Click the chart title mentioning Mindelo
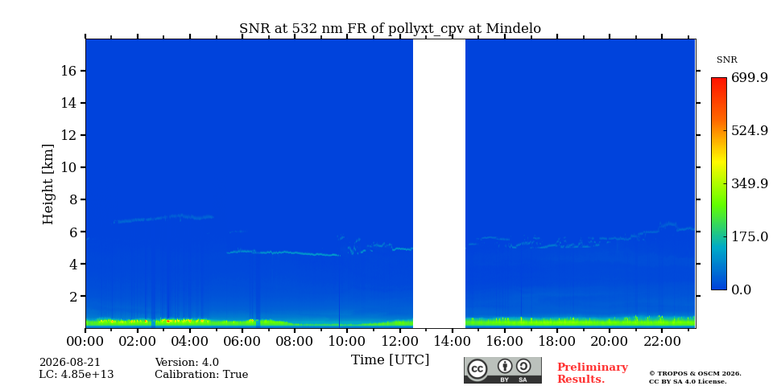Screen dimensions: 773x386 [x=390, y=29]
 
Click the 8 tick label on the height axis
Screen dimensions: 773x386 [x=72, y=199]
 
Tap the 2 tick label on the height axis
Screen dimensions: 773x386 [x=72, y=296]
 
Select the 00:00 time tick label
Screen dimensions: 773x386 [x=85, y=341]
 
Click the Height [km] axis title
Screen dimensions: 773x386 [x=48, y=184]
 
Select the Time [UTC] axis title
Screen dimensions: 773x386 [x=390, y=360]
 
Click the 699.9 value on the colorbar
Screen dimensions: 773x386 [x=750, y=78]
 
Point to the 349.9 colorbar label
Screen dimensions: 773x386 [x=750, y=183]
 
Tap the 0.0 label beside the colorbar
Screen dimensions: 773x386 [x=741, y=289]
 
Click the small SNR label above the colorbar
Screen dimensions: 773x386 [x=726, y=60]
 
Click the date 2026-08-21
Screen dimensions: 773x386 [x=69, y=363]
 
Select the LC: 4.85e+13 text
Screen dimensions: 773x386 [x=76, y=375]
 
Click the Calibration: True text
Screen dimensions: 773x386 [x=201, y=375]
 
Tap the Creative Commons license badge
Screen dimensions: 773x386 [x=502, y=370]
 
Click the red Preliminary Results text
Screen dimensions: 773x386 [x=592, y=372]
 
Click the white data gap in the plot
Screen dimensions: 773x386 [x=439, y=183]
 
